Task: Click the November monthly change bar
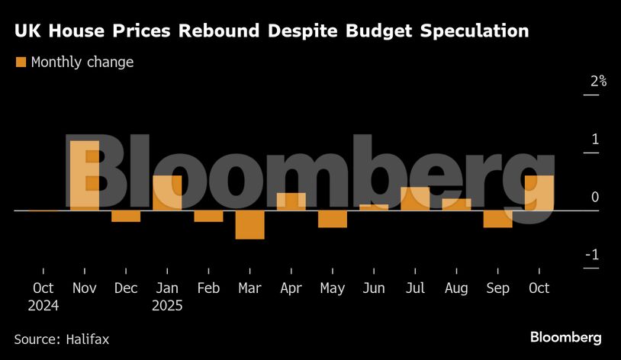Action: click(x=85, y=175)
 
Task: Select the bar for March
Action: click(x=249, y=225)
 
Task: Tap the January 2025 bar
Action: click(x=167, y=193)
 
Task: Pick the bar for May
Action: click(x=333, y=219)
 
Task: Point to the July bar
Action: click(x=415, y=199)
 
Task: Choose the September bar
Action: click(x=497, y=219)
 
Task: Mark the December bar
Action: click(x=126, y=216)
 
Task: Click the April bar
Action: click(x=291, y=201)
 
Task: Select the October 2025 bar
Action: click(x=539, y=193)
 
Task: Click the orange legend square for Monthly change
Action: click(x=21, y=62)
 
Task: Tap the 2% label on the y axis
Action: click(x=593, y=82)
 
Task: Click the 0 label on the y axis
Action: click(x=595, y=197)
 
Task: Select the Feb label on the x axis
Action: click(x=208, y=288)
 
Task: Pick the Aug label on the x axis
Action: click(x=456, y=288)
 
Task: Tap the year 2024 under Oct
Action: click(x=43, y=305)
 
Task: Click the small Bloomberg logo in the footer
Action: click(x=565, y=337)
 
